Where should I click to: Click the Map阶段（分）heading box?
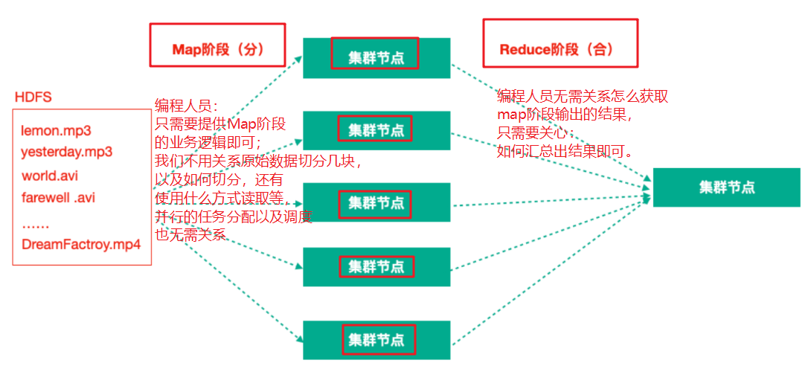(218, 50)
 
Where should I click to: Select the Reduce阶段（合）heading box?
(559, 50)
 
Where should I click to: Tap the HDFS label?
(33, 98)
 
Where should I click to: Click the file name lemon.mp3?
(56, 131)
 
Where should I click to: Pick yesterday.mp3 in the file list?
(66, 153)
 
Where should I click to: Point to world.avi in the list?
(50, 176)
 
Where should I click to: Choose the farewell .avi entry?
(58, 198)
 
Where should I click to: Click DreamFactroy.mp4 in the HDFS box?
(81, 244)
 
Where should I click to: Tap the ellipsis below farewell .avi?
(35, 222)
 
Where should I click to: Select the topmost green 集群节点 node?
(376, 58)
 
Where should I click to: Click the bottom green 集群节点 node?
(376, 339)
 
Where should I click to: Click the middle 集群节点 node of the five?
(376, 202)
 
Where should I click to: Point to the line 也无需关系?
(190, 234)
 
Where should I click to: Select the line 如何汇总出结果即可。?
(565, 151)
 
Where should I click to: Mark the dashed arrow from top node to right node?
(551, 123)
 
